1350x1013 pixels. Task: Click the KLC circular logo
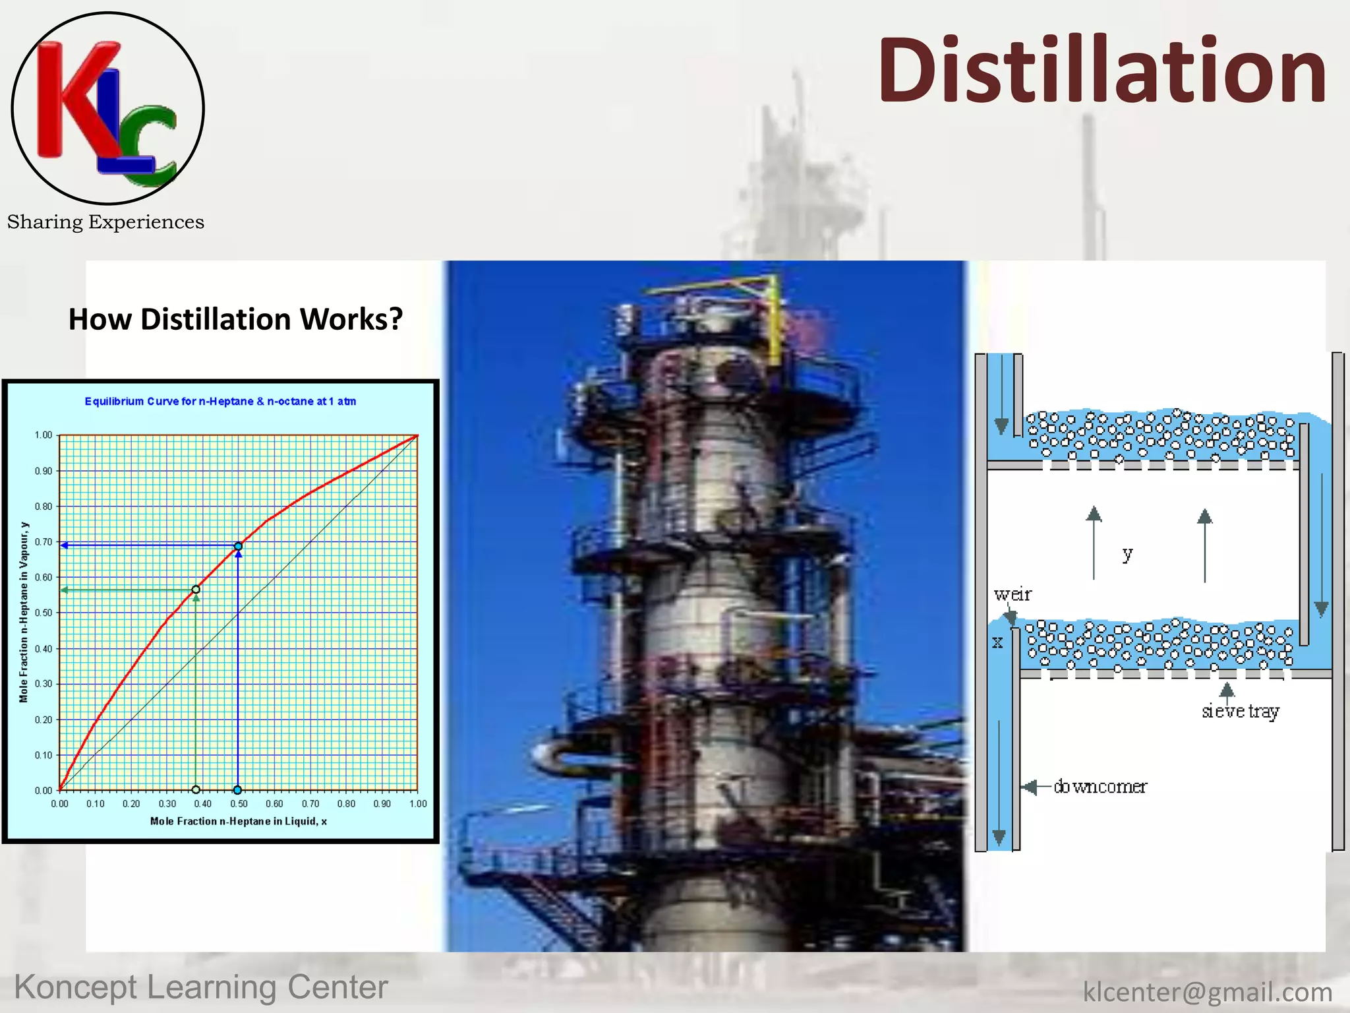tap(107, 108)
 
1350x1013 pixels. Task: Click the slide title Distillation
tap(1101, 71)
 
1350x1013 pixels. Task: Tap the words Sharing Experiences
tap(105, 222)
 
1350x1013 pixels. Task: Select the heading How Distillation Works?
tap(235, 319)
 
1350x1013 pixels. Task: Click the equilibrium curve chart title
tap(220, 401)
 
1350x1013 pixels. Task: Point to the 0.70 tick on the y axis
tap(44, 542)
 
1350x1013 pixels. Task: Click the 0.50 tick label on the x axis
tap(239, 804)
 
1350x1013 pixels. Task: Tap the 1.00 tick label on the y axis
tap(44, 435)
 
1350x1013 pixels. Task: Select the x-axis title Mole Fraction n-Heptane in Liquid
tap(238, 821)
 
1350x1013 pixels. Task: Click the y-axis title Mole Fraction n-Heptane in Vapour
tap(24, 612)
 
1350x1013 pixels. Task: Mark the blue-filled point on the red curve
tap(238, 546)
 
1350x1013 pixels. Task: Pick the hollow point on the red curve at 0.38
tap(196, 590)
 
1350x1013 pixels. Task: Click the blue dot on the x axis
tap(237, 790)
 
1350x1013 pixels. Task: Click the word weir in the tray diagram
tap(1012, 595)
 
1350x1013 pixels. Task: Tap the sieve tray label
tap(1240, 711)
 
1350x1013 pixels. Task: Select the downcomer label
tap(1100, 787)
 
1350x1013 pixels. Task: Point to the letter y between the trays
tap(1128, 554)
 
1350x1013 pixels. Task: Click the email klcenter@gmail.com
tap(1207, 992)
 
